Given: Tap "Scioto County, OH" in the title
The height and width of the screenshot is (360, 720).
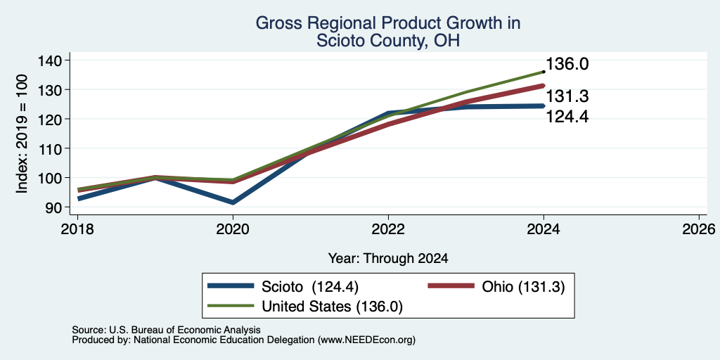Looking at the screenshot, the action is pyautogui.click(x=388, y=41).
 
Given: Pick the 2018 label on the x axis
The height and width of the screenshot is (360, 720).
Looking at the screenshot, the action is pyautogui.click(x=77, y=229).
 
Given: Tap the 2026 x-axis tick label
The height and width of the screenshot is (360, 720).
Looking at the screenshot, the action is pyautogui.click(x=699, y=229).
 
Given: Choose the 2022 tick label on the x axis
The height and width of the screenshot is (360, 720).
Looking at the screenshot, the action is pyautogui.click(x=388, y=229).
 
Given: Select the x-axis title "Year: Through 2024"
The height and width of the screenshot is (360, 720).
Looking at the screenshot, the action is pyautogui.click(x=388, y=259).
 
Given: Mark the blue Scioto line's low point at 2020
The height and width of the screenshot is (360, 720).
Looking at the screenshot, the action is pyautogui.click(x=233, y=202).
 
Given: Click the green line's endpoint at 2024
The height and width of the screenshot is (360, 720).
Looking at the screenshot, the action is pyautogui.click(x=544, y=72).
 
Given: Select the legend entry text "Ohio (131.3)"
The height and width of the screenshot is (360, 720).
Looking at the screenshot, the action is pyautogui.click(x=523, y=286).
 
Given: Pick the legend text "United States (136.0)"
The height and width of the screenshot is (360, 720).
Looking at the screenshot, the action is pyautogui.click(x=332, y=306).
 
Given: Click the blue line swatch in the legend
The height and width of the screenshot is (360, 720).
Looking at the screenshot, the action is pyautogui.click(x=231, y=285).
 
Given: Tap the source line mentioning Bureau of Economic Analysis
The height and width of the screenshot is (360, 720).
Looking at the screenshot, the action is pyautogui.click(x=166, y=330).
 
